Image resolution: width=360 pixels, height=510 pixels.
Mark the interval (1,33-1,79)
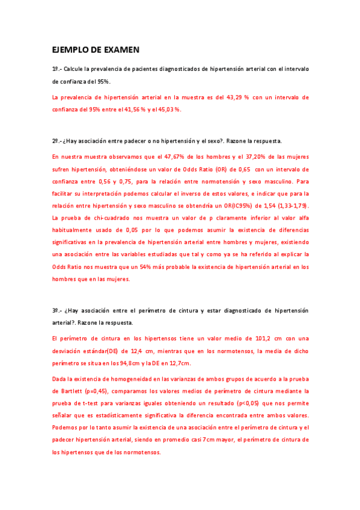pos(289,206)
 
